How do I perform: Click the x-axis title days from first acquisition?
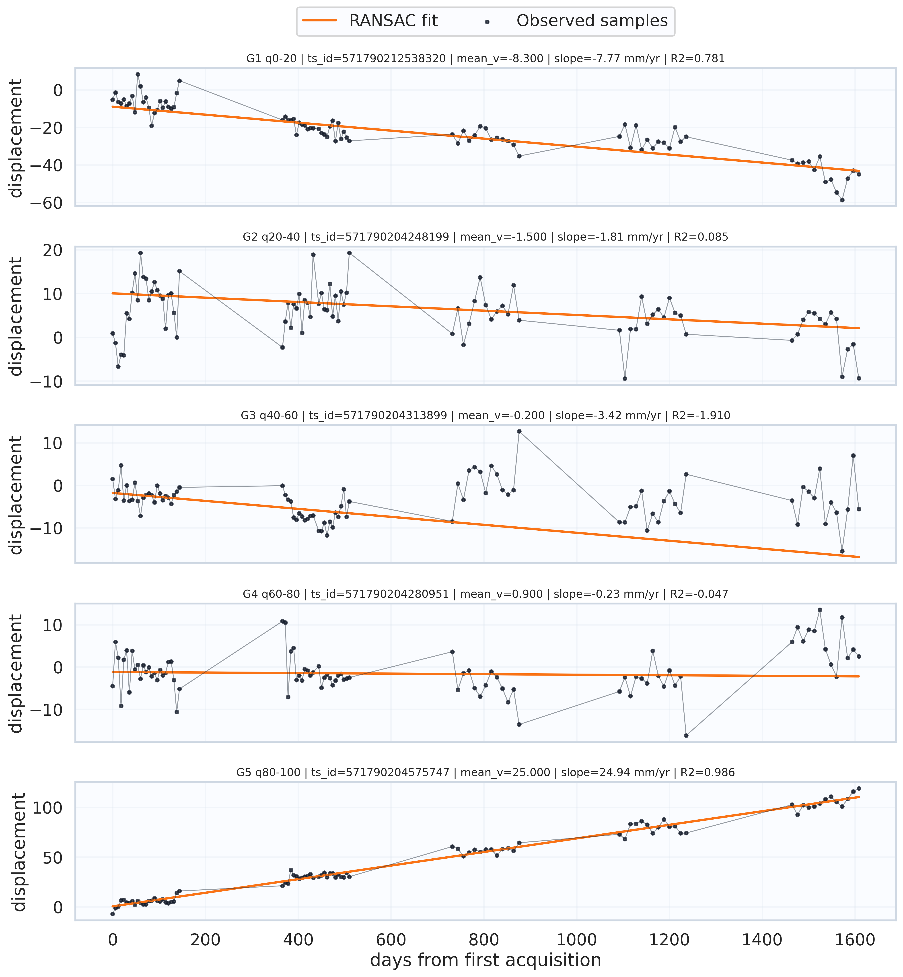(485, 960)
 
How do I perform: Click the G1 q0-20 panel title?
(485, 59)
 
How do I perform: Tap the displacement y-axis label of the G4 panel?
(16, 674)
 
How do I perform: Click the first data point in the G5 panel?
(113, 913)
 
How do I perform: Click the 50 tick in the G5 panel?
(53, 857)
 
